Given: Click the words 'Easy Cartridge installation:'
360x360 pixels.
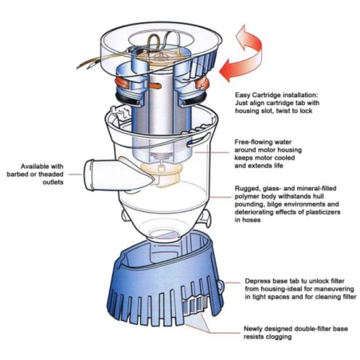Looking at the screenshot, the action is [276, 95].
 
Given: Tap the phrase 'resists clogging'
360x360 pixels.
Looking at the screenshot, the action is [268, 337].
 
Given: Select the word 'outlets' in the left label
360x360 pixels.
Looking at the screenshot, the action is [53, 182].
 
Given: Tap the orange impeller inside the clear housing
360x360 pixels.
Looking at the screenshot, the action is [162, 174].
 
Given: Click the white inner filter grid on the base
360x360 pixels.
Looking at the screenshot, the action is [195, 305].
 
